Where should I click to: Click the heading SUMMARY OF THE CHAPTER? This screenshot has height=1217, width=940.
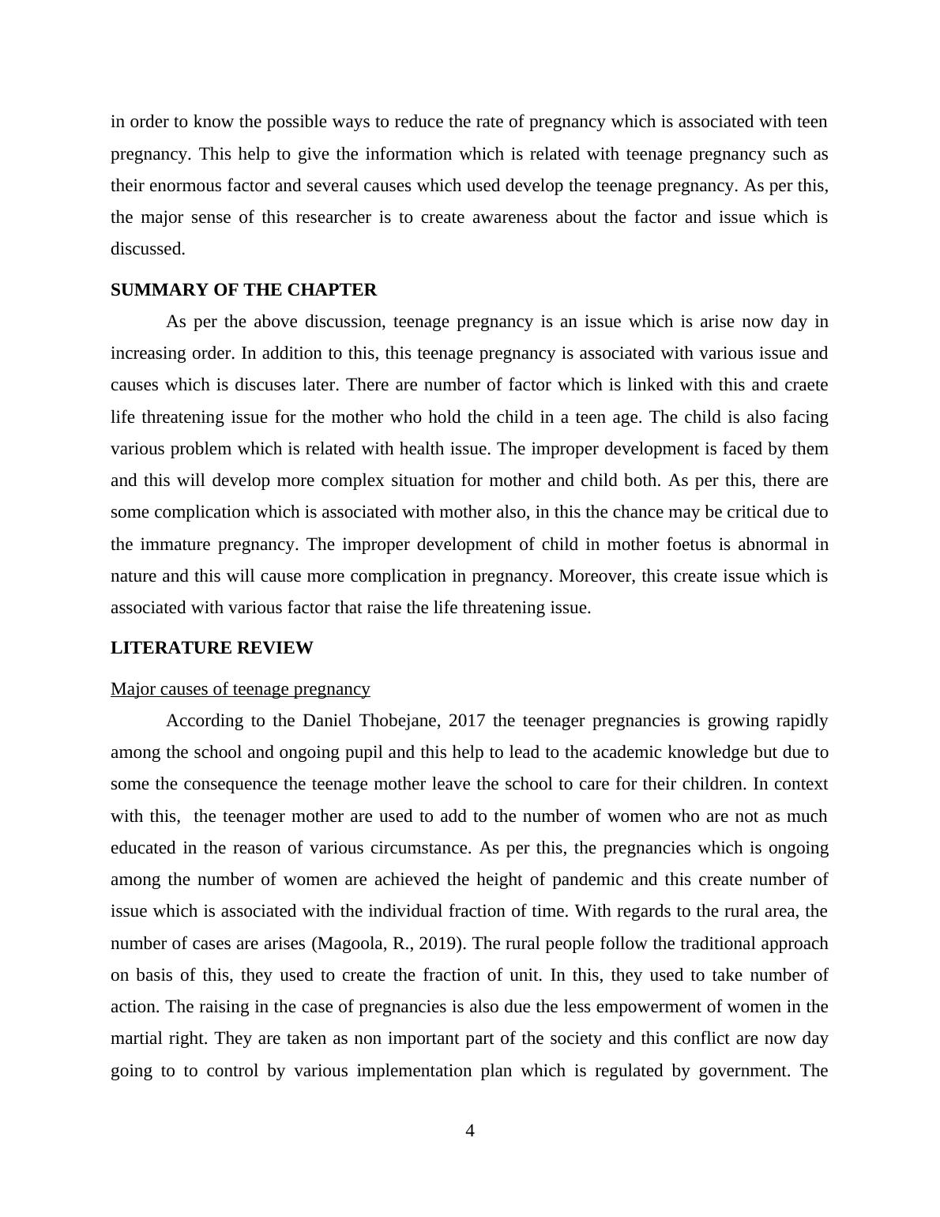pos(243,290)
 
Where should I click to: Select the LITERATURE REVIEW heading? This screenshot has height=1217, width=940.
pos(212,648)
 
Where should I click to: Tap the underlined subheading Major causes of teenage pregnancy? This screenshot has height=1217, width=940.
pos(240,689)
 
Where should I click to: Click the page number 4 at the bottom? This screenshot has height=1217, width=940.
pos(470,1131)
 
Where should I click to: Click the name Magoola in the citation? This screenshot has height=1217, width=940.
pos(346,944)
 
